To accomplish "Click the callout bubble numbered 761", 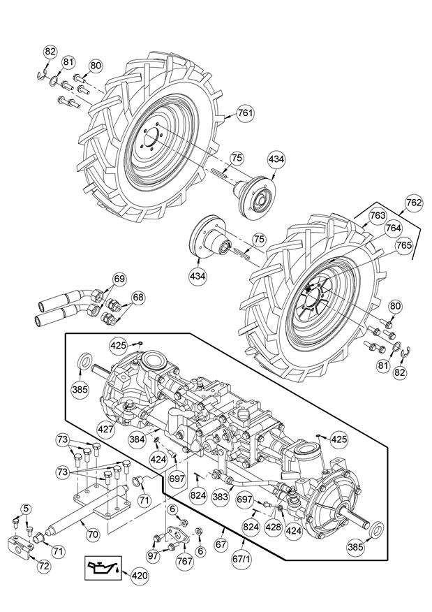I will (245, 112).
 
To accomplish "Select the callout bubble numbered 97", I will (153, 555).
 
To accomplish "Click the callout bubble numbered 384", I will (136, 439).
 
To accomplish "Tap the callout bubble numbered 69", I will (119, 279).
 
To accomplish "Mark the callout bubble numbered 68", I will (138, 298).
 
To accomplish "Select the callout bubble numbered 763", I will (377, 216).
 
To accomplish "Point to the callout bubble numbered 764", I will (394, 228).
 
